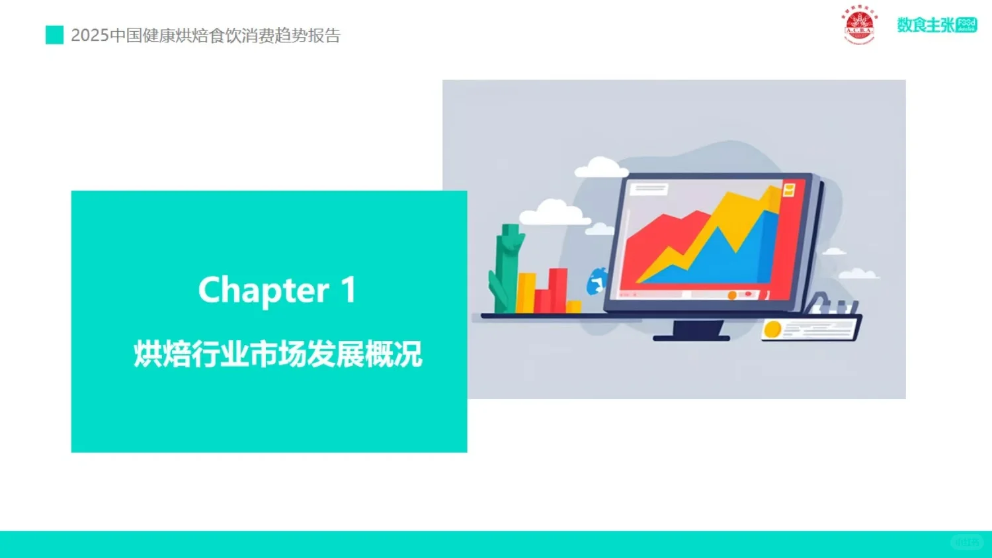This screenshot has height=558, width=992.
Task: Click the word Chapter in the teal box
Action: pos(263,291)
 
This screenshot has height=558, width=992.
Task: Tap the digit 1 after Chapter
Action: pos(349,290)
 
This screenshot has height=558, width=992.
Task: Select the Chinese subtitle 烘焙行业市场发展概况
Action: pos(278,354)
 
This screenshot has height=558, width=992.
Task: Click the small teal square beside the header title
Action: pos(54,35)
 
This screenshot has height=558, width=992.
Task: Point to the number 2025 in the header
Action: pos(89,36)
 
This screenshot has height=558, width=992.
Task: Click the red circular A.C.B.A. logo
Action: pos(859,25)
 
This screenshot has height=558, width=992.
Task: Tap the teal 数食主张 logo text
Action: pos(926,25)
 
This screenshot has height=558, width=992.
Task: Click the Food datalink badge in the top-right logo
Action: pos(966,25)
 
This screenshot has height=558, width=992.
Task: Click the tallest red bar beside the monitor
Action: pos(558,289)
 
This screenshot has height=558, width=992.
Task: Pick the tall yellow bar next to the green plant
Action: pos(526,293)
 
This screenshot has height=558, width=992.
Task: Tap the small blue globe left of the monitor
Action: pos(597,281)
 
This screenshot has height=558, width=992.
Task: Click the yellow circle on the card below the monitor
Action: pos(772,329)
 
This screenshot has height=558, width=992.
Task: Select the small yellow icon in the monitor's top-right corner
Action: pos(788,191)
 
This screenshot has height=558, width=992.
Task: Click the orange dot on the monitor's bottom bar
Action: pos(732,295)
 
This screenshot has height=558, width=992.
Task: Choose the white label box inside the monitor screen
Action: pos(649,189)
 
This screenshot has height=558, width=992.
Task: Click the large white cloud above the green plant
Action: pos(553,213)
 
